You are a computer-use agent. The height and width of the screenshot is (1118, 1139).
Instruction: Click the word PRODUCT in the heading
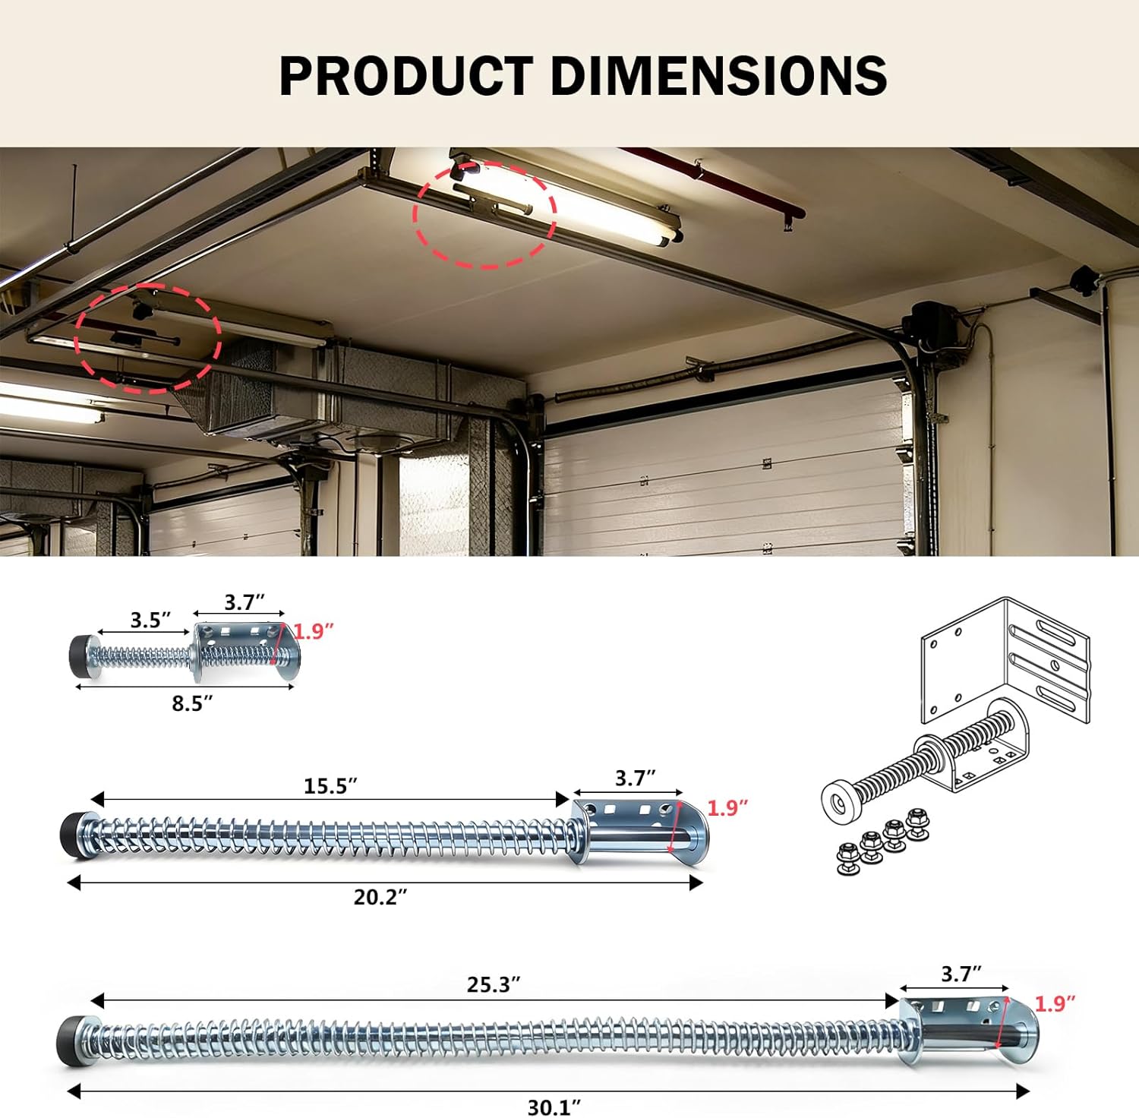[405, 76]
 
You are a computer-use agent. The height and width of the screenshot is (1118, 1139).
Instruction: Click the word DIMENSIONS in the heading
[718, 76]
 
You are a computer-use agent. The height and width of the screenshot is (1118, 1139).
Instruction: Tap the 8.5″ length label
[192, 703]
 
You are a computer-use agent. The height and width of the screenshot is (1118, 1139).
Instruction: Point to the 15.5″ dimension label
[330, 786]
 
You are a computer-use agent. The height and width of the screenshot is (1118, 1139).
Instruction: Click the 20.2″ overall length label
[380, 897]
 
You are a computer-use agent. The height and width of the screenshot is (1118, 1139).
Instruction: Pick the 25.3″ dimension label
[494, 985]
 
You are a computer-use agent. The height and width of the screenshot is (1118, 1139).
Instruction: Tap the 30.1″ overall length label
[554, 1107]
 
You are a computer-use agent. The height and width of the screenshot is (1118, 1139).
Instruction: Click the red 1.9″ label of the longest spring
[1055, 1004]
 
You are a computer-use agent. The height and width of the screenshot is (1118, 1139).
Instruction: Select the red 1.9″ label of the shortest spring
[314, 631]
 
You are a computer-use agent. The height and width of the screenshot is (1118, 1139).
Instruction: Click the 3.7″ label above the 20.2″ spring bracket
[635, 778]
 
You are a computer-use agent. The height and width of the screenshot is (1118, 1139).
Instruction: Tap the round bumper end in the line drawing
[841, 802]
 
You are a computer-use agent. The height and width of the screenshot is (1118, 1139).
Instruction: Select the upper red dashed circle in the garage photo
[484, 213]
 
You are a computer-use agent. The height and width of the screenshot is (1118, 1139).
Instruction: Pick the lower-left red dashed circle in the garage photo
[148, 338]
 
